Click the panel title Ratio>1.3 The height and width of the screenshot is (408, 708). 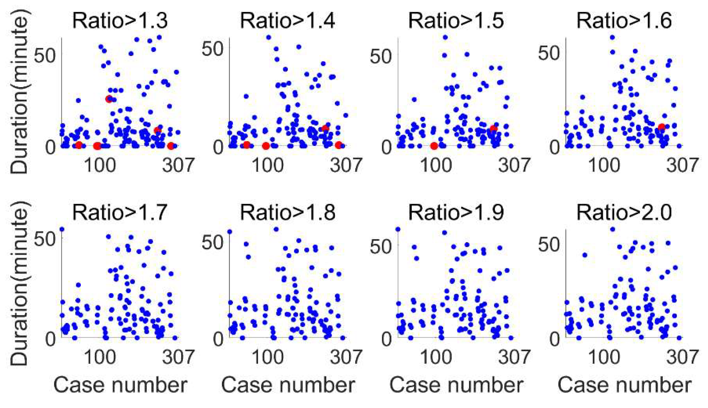coord(120,21)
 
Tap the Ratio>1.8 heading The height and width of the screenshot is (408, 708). coord(287,213)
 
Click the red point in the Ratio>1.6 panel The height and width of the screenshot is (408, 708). coord(661,127)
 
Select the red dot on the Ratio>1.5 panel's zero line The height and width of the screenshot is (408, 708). coord(434,146)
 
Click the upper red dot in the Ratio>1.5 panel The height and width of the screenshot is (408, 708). coord(493,129)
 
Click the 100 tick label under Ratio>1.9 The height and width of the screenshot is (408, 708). coord(436,357)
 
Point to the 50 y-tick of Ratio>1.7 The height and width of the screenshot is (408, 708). coord(45,239)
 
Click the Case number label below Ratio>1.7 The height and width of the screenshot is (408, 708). coord(120,385)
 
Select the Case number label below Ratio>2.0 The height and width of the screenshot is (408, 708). coord(624,385)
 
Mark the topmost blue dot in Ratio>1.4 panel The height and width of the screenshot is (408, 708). coord(268,38)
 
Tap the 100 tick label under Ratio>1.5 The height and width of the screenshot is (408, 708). coord(436,165)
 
